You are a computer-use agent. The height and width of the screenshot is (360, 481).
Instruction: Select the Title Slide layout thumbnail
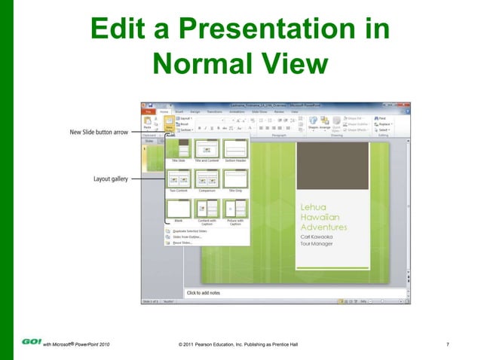178,151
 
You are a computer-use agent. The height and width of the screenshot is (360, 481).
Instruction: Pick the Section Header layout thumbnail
236,151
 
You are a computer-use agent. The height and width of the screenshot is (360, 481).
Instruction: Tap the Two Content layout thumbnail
178,180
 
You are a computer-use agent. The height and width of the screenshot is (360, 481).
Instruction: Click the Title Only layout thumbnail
236,180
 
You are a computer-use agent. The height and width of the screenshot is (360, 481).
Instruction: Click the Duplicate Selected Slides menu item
189,231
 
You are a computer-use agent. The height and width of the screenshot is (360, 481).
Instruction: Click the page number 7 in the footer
448,345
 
